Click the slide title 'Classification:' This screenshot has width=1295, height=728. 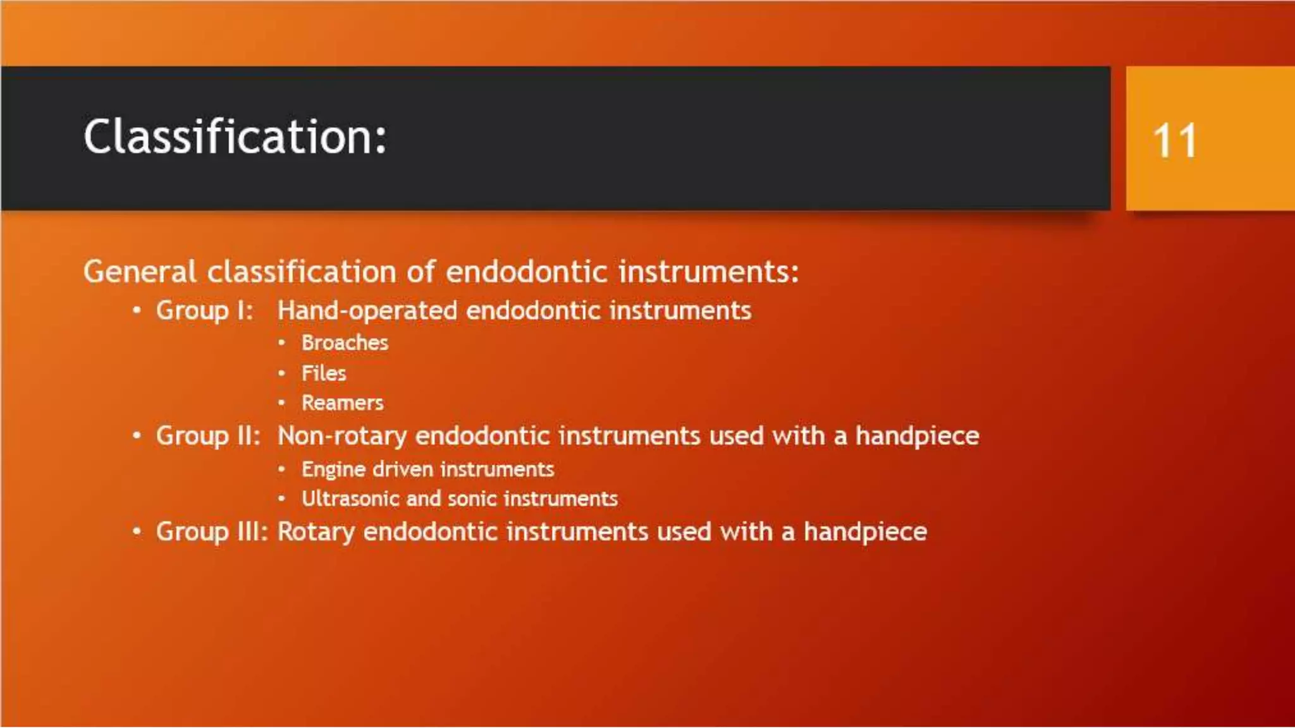[235, 136]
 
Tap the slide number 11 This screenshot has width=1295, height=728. [1174, 140]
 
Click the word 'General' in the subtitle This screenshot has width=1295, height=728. [140, 272]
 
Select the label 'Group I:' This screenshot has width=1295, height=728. [204, 310]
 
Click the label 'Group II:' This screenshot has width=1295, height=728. [208, 436]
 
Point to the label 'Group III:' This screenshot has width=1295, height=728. [212, 531]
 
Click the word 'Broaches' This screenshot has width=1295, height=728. [345, 343]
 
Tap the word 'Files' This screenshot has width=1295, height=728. [324, 373]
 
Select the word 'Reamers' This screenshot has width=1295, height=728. [342, 403]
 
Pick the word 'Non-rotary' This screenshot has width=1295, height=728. [342, 436]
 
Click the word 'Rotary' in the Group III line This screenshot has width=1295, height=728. [316, 532]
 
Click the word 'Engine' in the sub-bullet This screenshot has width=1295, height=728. [333, 470]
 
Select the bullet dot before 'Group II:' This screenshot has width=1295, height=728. [137, 435]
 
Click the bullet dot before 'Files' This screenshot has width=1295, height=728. [282, 373]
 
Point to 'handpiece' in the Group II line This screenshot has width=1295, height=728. [917, 436]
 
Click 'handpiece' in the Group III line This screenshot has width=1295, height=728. [865, 532]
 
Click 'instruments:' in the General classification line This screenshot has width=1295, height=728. [708, 272]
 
